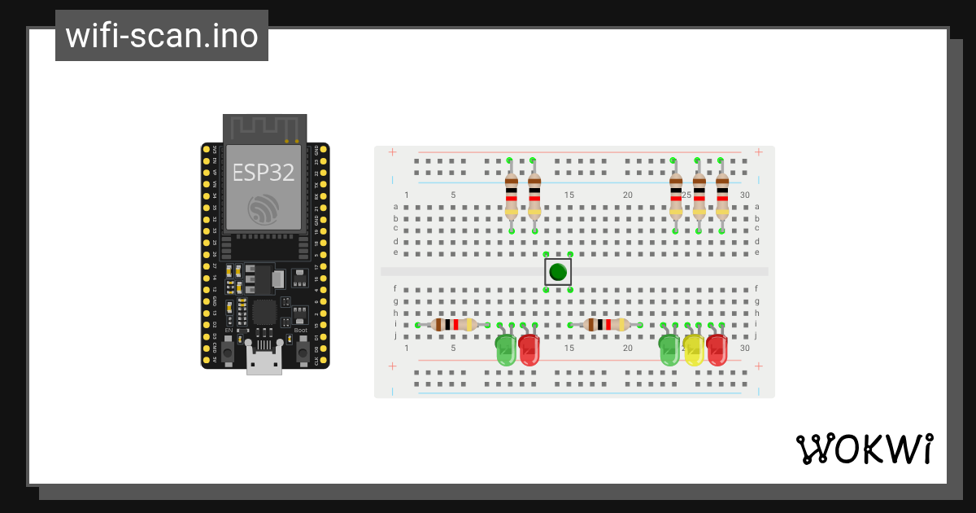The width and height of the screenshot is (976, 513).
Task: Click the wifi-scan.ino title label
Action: click(161, 36)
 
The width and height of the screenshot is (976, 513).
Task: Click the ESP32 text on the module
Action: click(264, 172)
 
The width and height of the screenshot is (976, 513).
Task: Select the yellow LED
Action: click(693, 349)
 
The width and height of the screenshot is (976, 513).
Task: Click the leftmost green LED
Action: click(506, 349)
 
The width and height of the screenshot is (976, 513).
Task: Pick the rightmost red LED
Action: click(717, 349)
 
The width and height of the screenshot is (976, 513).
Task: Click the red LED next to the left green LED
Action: click(529, 349)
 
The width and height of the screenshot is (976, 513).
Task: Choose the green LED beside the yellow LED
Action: click(669, 349)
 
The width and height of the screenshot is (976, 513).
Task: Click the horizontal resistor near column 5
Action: click(453, 325)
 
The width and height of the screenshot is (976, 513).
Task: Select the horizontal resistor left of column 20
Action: click(606, 325)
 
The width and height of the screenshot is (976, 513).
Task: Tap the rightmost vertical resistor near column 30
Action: click(722, 195)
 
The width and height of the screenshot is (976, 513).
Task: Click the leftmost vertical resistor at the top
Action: click(511, 195)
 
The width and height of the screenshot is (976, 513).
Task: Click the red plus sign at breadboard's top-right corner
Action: click(758, 152)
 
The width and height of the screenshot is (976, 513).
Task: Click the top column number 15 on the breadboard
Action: click(569, 195)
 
